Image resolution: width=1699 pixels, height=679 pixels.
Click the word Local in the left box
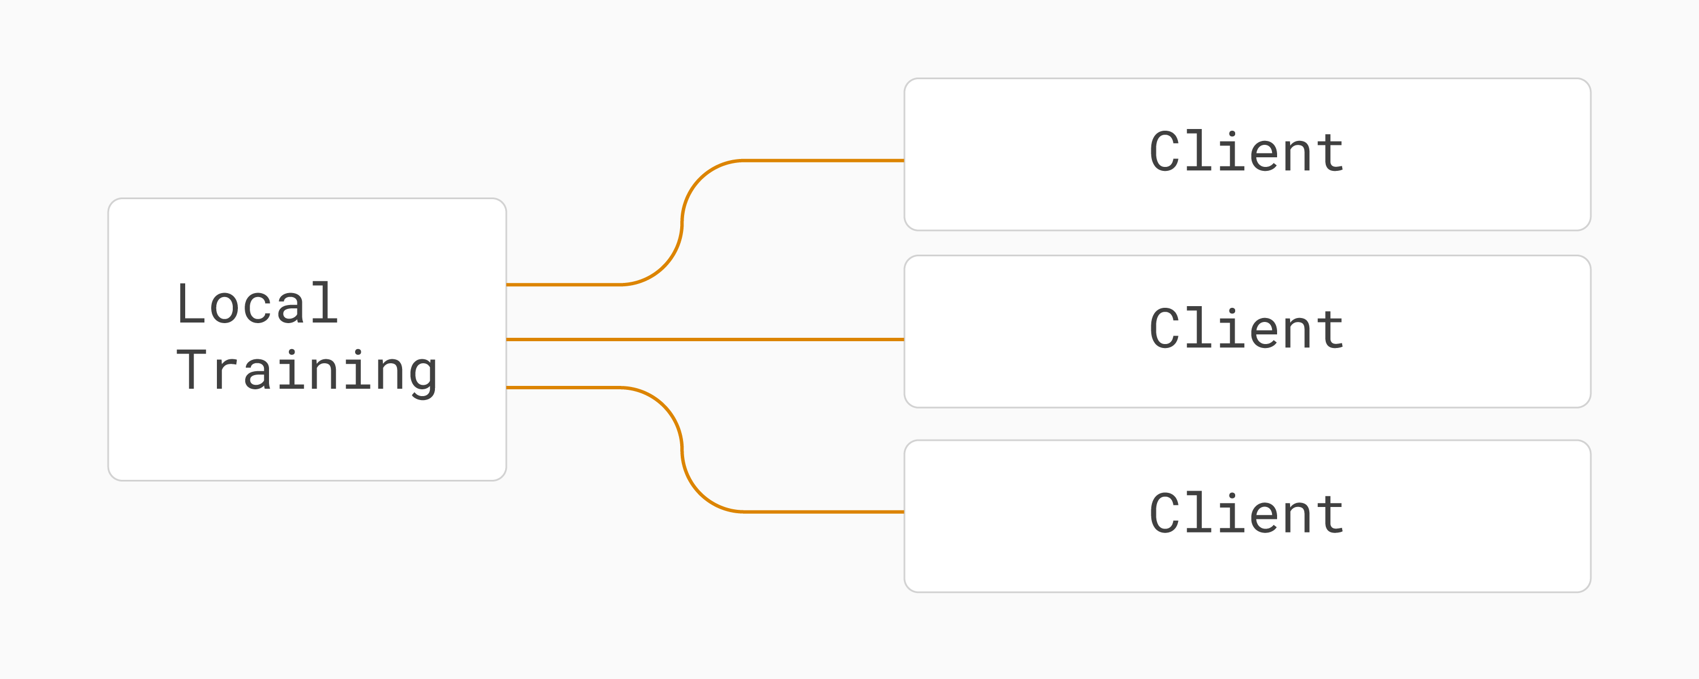pyautogui.click(x=258, y=303)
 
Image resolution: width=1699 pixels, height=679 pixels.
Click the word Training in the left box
pyautogui.click(x=307, y=373)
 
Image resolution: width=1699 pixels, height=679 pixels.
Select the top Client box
pyautogui.click(x=1247, y=154)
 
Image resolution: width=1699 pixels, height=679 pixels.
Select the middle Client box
pyautogui.click(x=1247, y=332)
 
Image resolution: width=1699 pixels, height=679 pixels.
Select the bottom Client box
pyautogui.click(x=1247, y=516)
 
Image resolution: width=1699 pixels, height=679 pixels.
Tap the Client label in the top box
pyautogui.click(x=1246, y=152)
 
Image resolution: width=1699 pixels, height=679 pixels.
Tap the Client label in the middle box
pyautogui.click(x=1246, y=328)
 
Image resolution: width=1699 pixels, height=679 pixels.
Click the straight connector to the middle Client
pyautogui.click(x=705, y=339)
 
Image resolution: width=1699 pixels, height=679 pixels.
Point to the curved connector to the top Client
pyautogui.click(x=682, y=223)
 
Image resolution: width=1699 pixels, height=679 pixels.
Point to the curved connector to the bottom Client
pyautogui.click(x=682, y=450)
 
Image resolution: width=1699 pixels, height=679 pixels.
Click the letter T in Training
pyautogui.click(x=191, y=370)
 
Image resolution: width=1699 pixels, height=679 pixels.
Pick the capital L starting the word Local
pyautogui.click(x=191, y=303)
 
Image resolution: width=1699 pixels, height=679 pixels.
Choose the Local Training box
pyautogui.click(x=308, y=339)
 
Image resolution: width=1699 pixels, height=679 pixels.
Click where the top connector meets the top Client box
pyautogui.click(x=904, y=160)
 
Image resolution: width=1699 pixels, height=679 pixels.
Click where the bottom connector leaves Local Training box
pyautogui.click(x=506, y=388)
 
